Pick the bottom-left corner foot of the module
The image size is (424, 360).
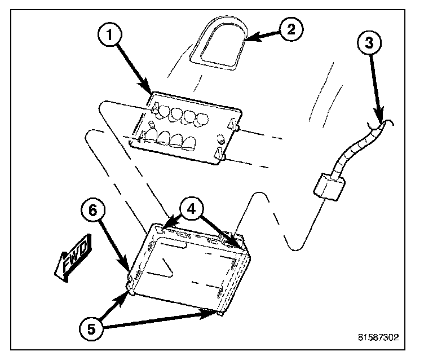tap(131, 291)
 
